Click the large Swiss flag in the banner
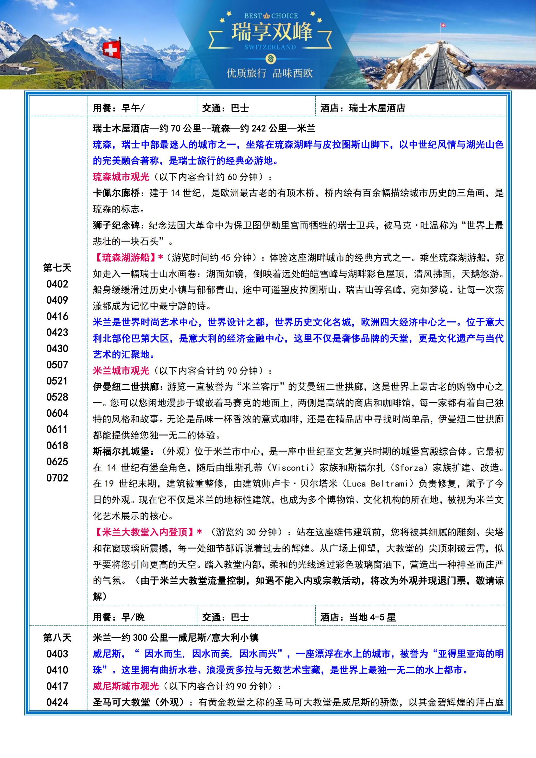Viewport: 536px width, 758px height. click(x=111, y=50)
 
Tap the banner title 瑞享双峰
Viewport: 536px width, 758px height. click(x=271, y=32)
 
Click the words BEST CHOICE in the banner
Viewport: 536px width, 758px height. click(x=271, y=16)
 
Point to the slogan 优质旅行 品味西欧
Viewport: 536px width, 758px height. click(x=269, y=73)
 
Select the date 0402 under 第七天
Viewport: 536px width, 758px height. click(x=57, y=284)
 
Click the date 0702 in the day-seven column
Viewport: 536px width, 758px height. click(x=57, y=478)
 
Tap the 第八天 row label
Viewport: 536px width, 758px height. click(x=57, y=637)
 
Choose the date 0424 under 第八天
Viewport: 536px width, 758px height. click(x=57, y=702)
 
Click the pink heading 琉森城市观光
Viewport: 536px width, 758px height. click(x=121, y=177)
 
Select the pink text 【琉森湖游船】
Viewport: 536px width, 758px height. click(x=126, y=258)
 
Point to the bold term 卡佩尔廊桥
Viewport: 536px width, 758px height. click(x=117, y=193)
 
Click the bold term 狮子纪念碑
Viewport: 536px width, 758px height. click(x=117, y=226)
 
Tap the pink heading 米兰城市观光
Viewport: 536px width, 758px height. click(x=121, y=371)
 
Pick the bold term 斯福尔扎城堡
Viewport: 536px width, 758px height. click(x=121, y=451)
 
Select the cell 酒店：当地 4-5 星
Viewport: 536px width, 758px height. click(x=358, y=617)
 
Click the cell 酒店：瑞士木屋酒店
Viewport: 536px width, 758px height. click(x=362, y=108)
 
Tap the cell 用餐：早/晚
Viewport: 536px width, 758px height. click(x=119, y=617)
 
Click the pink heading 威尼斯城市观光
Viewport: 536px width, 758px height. click(x=126, y=686)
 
